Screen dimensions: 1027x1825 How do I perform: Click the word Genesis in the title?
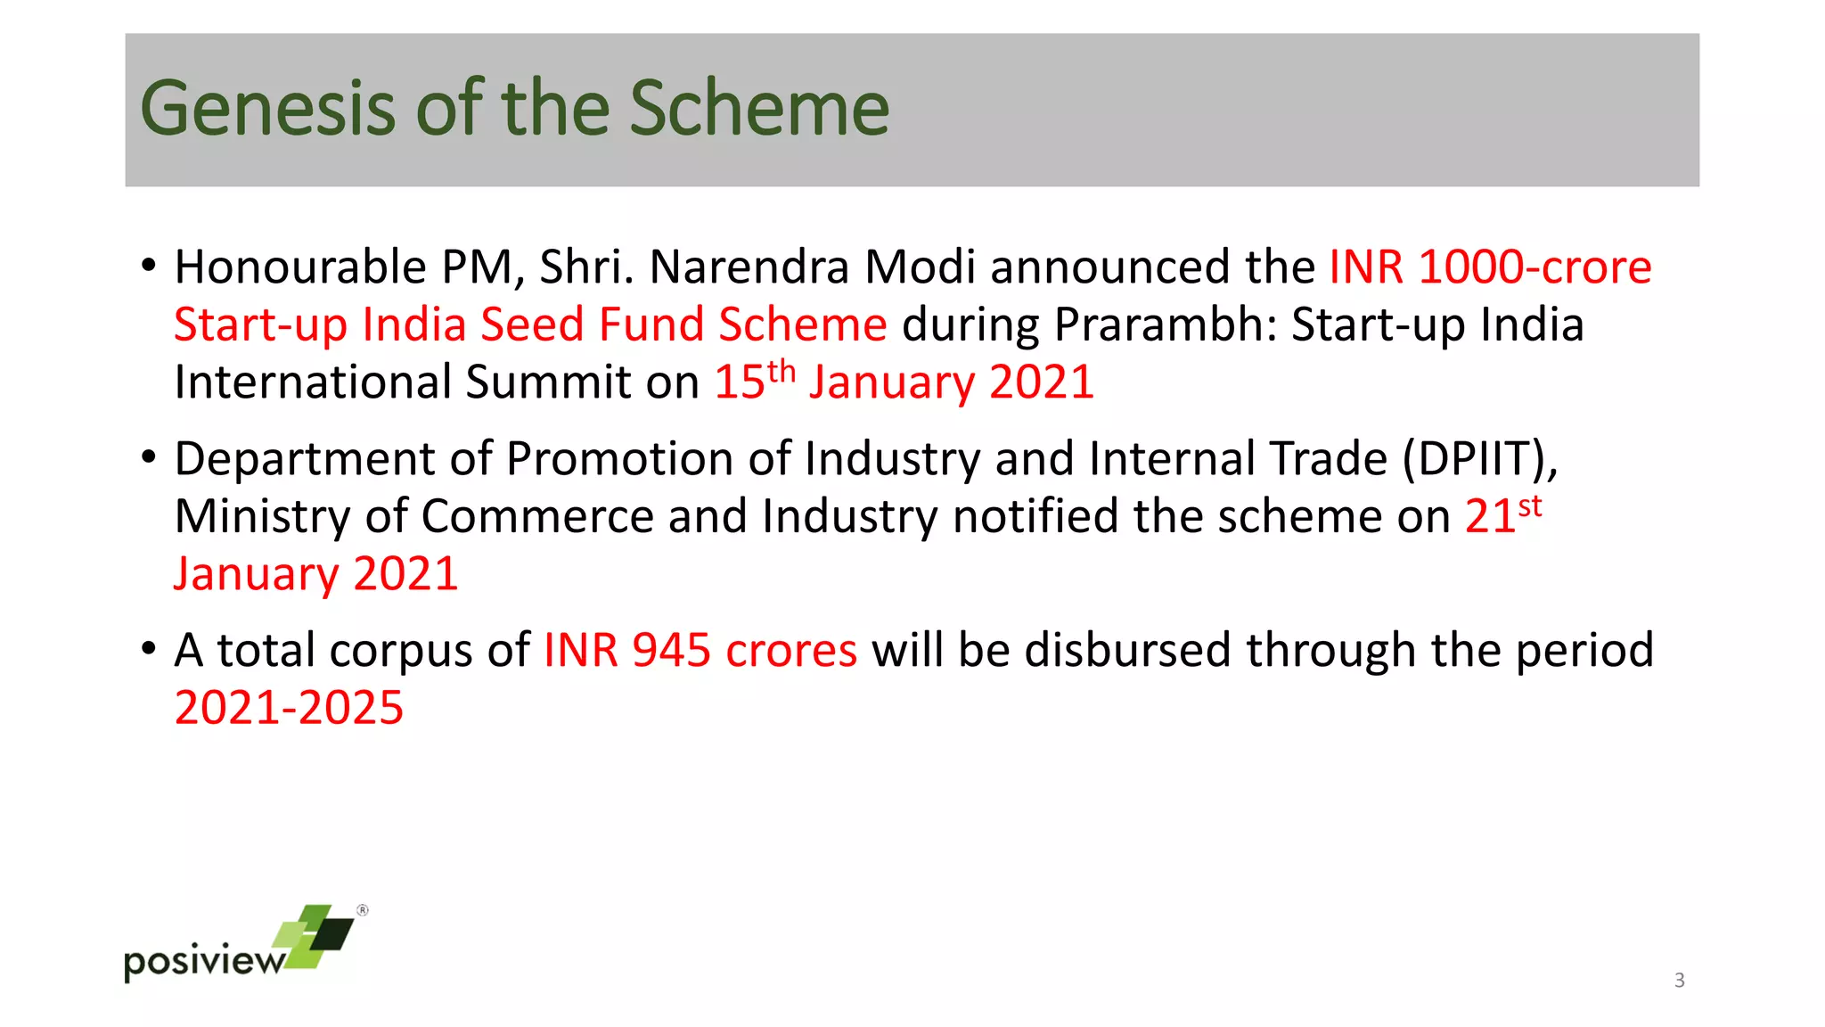pyautogui.click(x=267, y=109)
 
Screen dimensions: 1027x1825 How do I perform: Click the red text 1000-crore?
pyautogui.click(x=1534, y=267)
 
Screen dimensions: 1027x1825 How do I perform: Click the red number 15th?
pyautogui.click(x=753, y=381)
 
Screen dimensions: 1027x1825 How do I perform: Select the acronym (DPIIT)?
pyautogui.click(x=1479, y=459)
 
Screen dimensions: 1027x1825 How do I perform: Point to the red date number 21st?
pyautogui.click(x=1502, y=514)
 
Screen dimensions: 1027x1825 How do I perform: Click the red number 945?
pyautogui.click(x=671, y=650)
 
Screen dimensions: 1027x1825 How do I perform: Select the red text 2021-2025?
pyautogui.click(x=289, y=708)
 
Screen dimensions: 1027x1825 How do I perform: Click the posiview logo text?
pyautogui.click(x=203, y=961)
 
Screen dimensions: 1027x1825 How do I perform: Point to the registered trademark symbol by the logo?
pyautogui.click(x=363, y=910)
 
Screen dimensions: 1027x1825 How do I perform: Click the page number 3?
pyautogui.click(x=1679, y=981)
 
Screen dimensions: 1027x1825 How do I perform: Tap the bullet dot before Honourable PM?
pyautogui.click(x=149, y=266)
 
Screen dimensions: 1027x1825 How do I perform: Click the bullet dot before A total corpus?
pyautogui.click(x=149, y=648)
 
